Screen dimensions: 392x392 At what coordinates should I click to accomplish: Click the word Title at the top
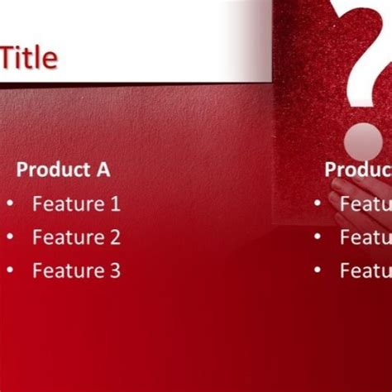pyautogui.click(x=30, y=58)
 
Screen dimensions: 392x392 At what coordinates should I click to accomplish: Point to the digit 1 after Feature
pyautogui.click(x=114, y=203)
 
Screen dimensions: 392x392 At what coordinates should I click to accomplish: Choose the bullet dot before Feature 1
pyautogui.click(x=10, y=203)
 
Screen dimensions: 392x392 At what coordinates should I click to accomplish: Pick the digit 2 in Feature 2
pyautogui.click(x=114, y=237)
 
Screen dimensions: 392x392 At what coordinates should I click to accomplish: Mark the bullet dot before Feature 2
pyautogui.click(x=10, y=237)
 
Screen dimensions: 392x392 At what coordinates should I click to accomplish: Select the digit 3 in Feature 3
pyautogui.click(x=114, y=270)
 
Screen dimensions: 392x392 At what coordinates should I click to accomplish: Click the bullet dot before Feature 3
pyautogui.click(x=10, y=270)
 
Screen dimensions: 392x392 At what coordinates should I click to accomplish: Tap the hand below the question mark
pyautogui.click(x=347, y=207)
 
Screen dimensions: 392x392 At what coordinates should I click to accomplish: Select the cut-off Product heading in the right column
pyautogui.click(x=357, y=170)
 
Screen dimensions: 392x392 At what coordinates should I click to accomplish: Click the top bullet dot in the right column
pyautogui.click(x=318, y=203)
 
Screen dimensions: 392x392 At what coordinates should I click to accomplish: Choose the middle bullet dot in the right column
pyautogui.click(x=318, y=237)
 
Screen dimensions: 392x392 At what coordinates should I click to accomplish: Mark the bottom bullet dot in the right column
pyautogui.click(x=318, y=270)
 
